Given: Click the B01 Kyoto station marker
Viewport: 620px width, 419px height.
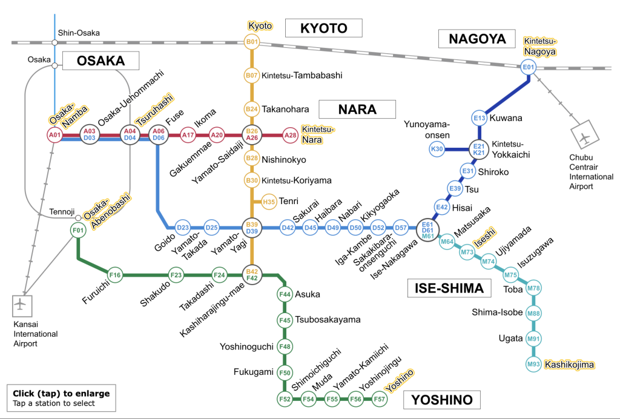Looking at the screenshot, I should [x=251, y=42].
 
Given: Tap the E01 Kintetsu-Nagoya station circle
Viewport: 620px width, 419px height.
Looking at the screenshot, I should [x=529, y=67].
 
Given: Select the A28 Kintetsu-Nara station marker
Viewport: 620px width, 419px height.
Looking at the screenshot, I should [x=291, y=135].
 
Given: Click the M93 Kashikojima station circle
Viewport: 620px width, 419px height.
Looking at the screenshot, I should [x=533, y=364].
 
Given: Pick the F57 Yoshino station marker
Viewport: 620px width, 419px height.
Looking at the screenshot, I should [x=380, y=399].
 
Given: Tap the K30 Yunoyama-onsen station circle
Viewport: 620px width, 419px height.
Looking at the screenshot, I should [x=437, y=148].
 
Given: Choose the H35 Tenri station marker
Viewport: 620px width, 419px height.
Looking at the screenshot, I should [x=269, y=201].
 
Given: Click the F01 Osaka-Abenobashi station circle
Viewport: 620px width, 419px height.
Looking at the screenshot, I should [x=77, y=230].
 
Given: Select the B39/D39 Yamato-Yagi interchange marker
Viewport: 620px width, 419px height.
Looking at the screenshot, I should [x=252, y=228].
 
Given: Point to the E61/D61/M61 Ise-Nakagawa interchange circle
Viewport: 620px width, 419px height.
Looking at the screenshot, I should [x=427, y=228].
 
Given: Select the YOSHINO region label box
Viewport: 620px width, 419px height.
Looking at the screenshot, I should [x=441, y=400].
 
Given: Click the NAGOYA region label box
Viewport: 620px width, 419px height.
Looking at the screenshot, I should [x=477, y=39].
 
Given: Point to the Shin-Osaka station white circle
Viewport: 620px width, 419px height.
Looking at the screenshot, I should [x=54, y=42].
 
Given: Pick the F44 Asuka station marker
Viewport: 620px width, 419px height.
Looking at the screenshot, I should [x=285, y=294].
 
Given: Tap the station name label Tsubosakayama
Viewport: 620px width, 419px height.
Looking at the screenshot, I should [x=328, y=320].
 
